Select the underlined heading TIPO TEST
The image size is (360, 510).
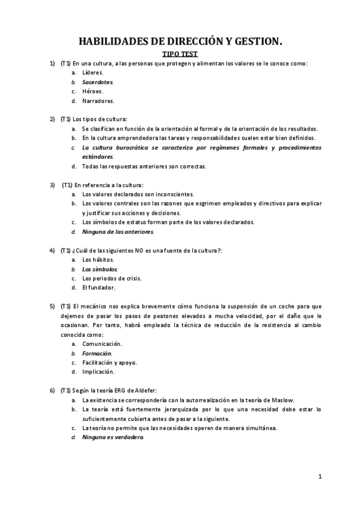(180, 54)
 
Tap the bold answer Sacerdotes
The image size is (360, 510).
(97, 82)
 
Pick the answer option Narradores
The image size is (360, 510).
(98, 101)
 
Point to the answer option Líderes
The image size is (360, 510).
(93, 72)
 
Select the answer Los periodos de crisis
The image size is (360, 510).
(111, 278)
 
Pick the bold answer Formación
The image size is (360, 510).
(97, 353)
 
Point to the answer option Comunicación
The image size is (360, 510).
(102, 343)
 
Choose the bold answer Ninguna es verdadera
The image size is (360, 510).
(113, 437)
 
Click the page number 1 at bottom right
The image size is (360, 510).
(320, 477)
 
